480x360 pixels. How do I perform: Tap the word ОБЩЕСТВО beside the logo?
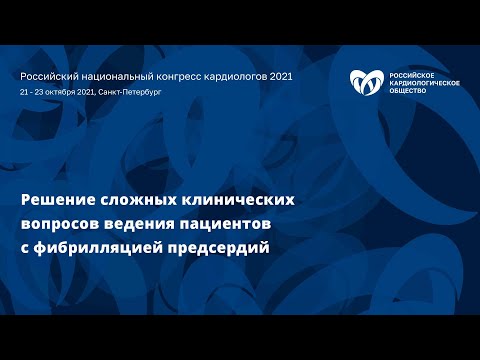[405, 91]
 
